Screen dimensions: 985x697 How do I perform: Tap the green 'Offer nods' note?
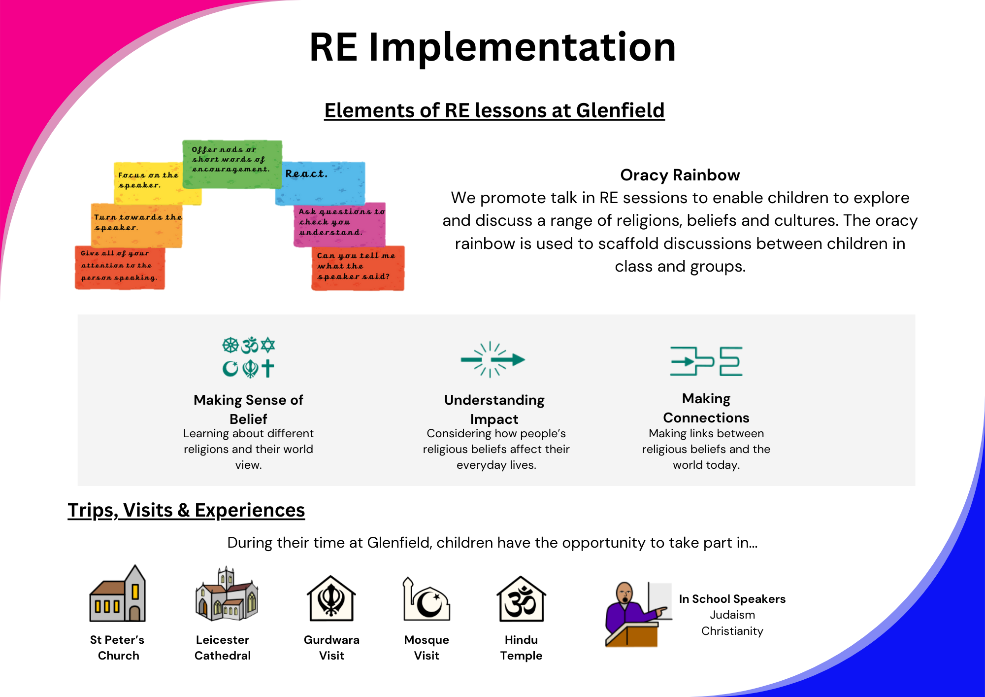(x=232, y=164)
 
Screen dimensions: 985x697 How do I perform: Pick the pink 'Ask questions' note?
(x=340, y=225)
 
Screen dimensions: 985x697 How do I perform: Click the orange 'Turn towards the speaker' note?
(x=136, y=226)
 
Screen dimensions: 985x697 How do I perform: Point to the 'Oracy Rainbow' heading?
(x=680, y=175)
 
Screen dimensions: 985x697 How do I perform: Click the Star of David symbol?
(x=268, y=345)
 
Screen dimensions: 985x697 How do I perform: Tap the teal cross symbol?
(x=268, y=368)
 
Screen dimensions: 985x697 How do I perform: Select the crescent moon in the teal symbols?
(x=230, y=368)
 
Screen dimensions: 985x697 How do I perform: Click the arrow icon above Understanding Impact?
(x=492, y=359)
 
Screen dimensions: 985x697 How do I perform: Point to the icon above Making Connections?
(x=706, y=361)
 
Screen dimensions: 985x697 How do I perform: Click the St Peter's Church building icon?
(x=118, y=593)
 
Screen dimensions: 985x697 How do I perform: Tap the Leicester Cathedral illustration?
(x=227, y=593)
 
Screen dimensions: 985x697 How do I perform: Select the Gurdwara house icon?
(x=331, y=598)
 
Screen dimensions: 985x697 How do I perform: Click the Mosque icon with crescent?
(x=426, y=598)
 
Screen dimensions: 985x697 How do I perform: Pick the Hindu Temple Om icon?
(x=521, y=598)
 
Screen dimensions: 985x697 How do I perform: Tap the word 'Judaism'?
(x=732, y=615)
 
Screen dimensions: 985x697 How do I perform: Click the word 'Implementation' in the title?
(x=522, y=47)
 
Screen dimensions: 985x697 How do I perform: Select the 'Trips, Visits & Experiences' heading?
(x=186, y=510)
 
